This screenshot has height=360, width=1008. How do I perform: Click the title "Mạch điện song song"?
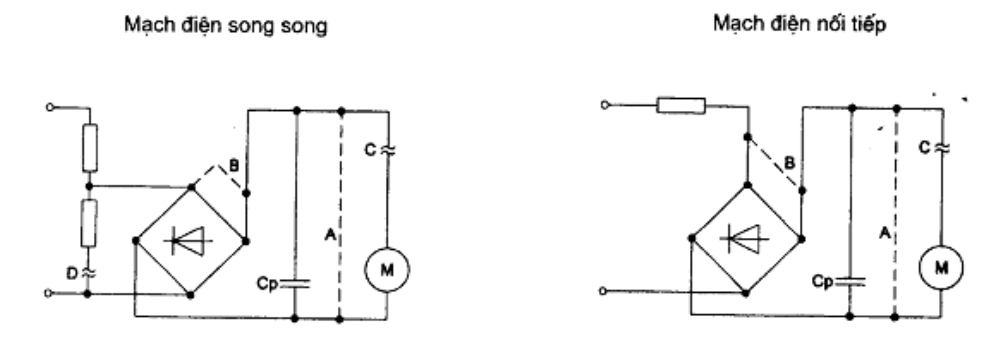click(x=226, y=25)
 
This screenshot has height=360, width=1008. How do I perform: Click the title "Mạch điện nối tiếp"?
click(x=800, y=24)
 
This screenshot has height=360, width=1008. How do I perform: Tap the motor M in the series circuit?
click(x=941, y=267)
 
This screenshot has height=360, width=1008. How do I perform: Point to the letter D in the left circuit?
click(x=73, y=273)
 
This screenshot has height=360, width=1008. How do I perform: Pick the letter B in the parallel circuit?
click(x=234, y=166)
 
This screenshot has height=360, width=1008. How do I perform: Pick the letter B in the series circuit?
click(x=790, y=163)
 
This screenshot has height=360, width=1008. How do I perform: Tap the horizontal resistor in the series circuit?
click(x=681, y=105)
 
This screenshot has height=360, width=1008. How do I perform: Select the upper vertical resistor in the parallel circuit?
click(x=90, y=148)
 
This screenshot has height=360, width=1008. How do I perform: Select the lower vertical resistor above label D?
click(x=89, y=223)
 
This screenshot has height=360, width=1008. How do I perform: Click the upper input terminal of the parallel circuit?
click(x=50, y=107)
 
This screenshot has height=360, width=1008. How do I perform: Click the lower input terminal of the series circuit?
click(x=604, y=291)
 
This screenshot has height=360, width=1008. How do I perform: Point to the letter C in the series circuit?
click(x=924, y=148)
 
